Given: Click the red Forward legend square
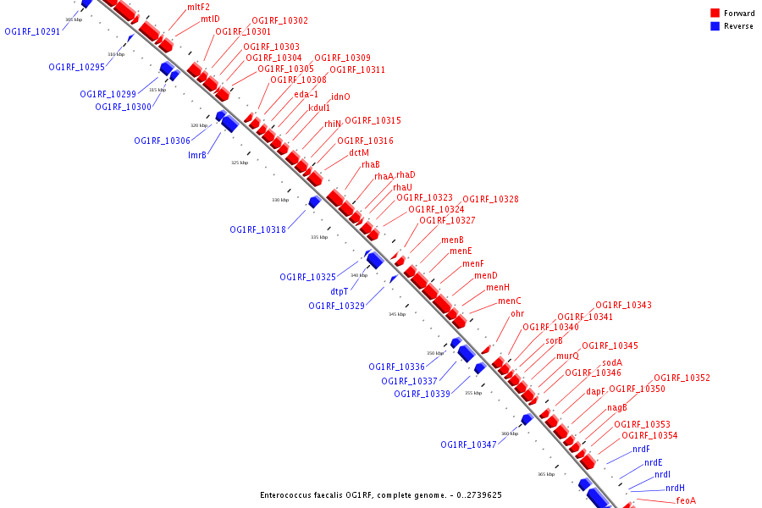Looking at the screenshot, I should [715, 13].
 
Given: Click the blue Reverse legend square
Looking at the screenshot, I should [715, 26].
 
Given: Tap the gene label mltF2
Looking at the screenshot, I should [198, 7].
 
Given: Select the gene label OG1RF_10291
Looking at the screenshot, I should [32, 31].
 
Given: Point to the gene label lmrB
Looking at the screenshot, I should [197, 155].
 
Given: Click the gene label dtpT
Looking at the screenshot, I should [339, 291].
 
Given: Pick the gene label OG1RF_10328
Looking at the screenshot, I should [490, 200].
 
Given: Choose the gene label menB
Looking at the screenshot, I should [452, 240].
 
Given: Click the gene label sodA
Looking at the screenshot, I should [612, 362].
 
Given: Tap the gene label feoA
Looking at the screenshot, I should [686, 500].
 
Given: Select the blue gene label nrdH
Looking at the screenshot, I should [675, 488].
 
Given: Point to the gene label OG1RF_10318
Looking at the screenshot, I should [257, 229].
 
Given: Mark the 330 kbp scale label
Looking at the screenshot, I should [279, 201].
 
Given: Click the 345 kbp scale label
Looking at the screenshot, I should [397, 314].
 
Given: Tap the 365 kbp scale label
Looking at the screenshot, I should [545, 475].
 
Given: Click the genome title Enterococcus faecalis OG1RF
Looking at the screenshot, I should [381, 495].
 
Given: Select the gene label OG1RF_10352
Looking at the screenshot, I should [682, 378].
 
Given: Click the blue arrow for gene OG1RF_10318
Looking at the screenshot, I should [313, 202].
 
